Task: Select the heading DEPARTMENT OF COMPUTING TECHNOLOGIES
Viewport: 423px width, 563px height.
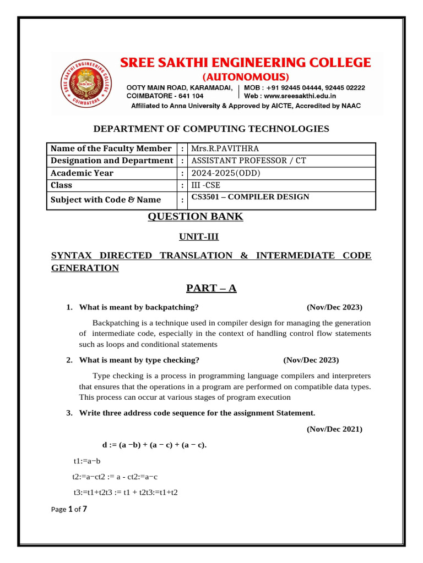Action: coord(211,129)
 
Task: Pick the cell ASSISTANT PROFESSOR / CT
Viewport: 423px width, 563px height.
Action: coord(248,161)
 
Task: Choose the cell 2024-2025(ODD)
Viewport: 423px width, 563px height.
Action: coord(225,173)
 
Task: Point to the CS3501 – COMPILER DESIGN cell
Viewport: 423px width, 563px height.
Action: coord(250,197)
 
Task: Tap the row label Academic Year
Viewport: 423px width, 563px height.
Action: coord(82,173)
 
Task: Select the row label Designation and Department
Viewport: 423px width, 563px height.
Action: coord(112,161)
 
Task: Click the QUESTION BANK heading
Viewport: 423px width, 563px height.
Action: coord(195,217)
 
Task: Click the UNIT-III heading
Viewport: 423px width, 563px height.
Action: coord(194,236)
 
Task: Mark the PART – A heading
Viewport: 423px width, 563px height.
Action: coord(211,288)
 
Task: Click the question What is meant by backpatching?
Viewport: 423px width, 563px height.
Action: coord(139,307)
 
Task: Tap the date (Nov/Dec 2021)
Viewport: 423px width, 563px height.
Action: coord(334,429)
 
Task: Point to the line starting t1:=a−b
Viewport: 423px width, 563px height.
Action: coord(87,461)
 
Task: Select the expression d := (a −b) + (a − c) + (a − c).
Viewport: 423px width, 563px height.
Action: coord(154,445)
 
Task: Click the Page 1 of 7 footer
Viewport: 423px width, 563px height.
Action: coord(69,509)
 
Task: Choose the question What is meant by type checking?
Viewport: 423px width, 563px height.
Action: coord(139,360)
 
